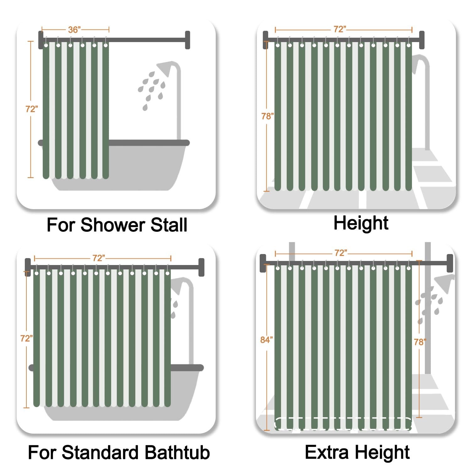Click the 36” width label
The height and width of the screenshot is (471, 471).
pyautogui.click(x=74, y=30)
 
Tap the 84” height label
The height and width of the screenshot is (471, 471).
pyautogui.click(x=267, y=340)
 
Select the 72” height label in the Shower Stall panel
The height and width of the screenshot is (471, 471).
pyautogui.click(x=32, y=109)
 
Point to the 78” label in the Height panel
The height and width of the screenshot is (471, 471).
pyautogui.click(x=268, y=116)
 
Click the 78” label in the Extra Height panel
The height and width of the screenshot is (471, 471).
pyautogui.click(x=420, y=342)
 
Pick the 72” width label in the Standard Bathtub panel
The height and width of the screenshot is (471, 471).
pyautogui.click(x=99, y=258)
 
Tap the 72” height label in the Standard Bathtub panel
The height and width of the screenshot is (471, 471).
pyautogui.click(x=27, y=338)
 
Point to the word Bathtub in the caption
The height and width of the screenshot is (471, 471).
pyautogui.click(x=178, y=452)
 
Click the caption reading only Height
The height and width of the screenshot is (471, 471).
pyautogui.click(x=361, y=223)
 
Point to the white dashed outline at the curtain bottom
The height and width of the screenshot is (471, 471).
pyautogui.click(x=343, y=424)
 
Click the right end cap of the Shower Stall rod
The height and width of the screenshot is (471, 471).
pyautogui.click(x=187, y=40)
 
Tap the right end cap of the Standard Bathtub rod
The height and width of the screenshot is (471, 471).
pyautogui.click(x=202, y=267)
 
